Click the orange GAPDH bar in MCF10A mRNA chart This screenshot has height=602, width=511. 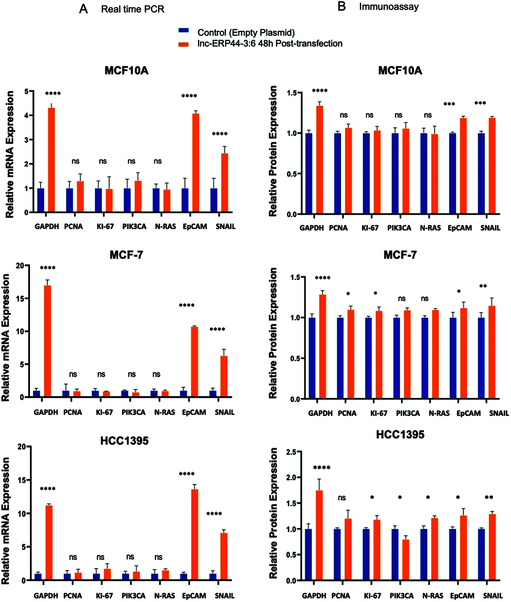51,160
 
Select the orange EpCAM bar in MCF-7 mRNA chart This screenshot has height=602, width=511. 195,362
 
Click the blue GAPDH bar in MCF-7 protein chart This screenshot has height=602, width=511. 312,358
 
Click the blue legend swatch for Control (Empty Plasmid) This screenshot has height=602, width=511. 183,30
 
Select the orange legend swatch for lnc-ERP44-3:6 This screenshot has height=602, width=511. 183,44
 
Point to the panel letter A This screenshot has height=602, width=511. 83,9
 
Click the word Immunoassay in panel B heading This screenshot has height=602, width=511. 389,7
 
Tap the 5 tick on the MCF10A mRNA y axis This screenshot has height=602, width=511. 26,92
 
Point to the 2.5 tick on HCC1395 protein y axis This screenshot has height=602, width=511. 291,452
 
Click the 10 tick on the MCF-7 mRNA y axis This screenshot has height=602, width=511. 20,331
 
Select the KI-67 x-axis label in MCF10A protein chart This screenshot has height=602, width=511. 370,228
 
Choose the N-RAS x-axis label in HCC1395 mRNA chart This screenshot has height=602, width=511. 165,596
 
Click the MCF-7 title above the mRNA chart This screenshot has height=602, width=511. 126,255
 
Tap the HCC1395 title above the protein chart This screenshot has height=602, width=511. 400,435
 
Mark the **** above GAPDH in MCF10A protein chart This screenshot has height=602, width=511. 320,91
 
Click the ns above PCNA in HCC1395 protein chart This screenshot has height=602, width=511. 342,498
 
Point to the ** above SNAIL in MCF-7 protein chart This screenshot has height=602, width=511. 483,286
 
